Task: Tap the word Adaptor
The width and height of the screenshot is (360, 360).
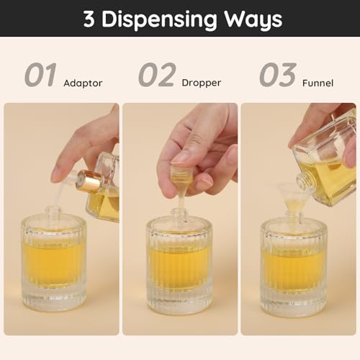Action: [x=83, y=83]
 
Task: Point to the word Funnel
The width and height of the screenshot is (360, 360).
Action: [x=318, y=83]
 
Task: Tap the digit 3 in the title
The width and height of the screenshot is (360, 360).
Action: [x=89, y=19]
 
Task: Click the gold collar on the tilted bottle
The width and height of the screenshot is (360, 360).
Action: [x=90, y=183]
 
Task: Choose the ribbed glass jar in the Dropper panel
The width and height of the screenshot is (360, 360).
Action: [x=179, y=266]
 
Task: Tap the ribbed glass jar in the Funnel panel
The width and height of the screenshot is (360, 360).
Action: [x=295, y=266]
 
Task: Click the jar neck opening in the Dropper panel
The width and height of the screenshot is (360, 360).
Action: [x=179, y=213]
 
